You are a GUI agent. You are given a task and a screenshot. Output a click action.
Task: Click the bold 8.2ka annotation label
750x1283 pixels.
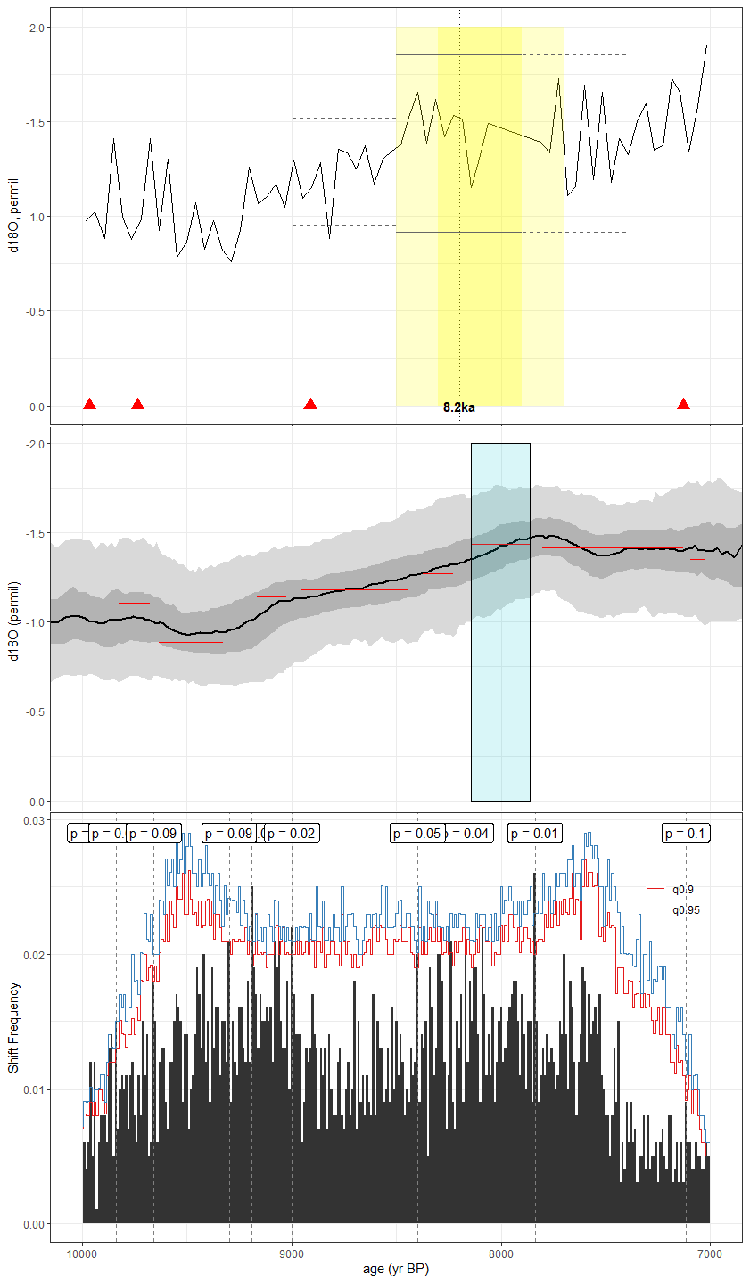459,407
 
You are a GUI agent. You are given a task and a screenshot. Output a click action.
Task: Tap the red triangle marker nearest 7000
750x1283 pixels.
683,404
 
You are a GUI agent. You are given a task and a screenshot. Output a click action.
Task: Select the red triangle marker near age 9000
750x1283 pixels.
310,404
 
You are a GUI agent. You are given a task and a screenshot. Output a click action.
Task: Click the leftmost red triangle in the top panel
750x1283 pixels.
89,404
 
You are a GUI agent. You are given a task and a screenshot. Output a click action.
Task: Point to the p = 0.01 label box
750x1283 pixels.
535,834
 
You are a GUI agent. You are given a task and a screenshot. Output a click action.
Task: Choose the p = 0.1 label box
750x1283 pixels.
686,834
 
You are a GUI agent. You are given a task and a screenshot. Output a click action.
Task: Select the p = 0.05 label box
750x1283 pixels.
417,834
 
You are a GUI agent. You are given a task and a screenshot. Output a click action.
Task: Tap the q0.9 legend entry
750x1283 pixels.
678,889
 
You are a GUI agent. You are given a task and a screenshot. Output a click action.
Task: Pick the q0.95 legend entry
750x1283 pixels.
680,909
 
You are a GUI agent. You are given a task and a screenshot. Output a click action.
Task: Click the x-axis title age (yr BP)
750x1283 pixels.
396,1269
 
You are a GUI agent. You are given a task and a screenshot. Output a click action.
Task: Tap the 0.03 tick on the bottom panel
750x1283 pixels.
32,820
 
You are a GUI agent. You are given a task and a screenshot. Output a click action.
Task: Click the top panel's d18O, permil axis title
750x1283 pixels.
13,214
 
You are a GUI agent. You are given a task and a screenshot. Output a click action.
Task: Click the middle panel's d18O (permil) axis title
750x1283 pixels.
13,621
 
